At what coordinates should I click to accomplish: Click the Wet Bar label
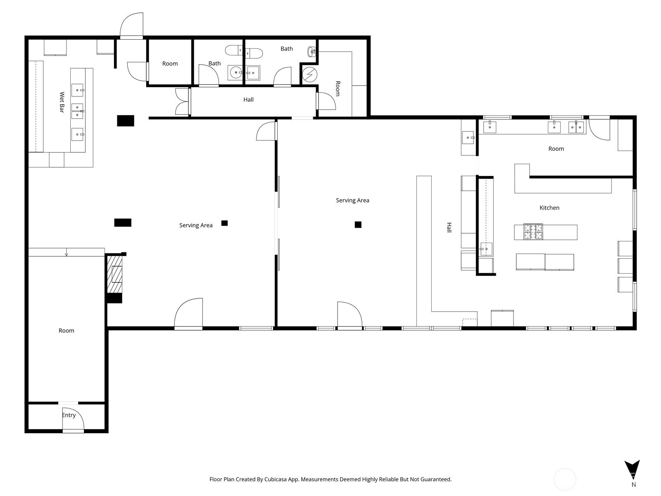coord(62,103)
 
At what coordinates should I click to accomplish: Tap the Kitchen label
coord(549,207)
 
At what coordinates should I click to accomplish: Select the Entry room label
coord(69,415)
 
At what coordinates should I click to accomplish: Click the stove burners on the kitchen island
coord(533,231)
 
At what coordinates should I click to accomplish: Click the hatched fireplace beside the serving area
coord(115,274)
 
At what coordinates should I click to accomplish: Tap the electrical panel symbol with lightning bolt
coord(309,74)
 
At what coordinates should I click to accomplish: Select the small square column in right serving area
coord(358,224)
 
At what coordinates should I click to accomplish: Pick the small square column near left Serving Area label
coord(224,223)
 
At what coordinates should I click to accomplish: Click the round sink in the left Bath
coord(236,73)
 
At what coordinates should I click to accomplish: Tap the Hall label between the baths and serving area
coord(248,99)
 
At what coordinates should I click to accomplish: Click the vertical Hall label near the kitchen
coord(449,227)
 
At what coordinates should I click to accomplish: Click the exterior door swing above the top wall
coord(132,26)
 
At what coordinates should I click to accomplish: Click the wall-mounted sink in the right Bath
coord(311,52)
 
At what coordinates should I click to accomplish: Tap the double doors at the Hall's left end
coord(183,102)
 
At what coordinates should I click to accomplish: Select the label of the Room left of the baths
coord(170,64)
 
